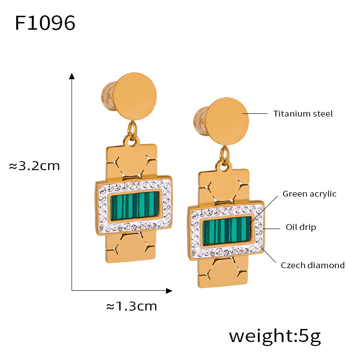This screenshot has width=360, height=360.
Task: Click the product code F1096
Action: click(45, 23)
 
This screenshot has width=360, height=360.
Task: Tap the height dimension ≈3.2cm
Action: click(35, 166)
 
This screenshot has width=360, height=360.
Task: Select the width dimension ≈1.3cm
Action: click(131, 306)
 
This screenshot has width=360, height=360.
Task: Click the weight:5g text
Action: click(274, 336)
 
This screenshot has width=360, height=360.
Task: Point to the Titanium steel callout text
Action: click(303, 113)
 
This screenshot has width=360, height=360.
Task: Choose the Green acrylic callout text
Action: click(309, 194)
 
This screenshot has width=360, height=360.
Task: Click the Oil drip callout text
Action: click(301, 227)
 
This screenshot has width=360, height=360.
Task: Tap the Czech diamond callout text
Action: click(313, 265)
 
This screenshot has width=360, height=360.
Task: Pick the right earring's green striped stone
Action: click(227, 231)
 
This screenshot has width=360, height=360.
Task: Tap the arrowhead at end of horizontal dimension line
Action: click(169, 291)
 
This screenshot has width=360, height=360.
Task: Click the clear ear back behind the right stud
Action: click(201, 120)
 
